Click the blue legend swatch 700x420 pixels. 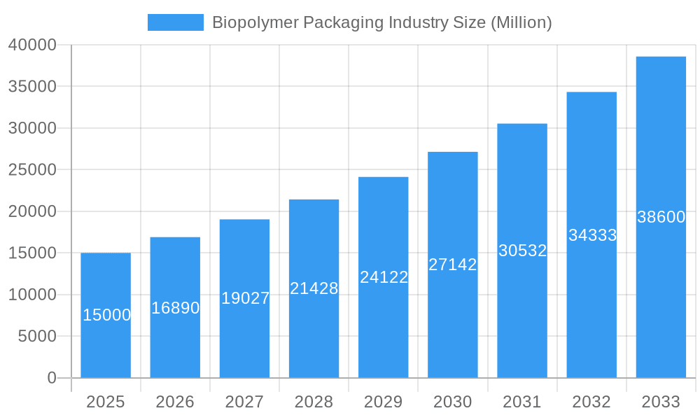(x=175, y=22)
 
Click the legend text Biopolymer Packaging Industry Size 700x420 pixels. (x=381, y=22)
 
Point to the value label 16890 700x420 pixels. (x=175, y=308)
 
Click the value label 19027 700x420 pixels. (x=245, y=298)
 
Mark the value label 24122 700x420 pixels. (x=384, y=277)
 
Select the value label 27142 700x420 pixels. (x=452, y=265)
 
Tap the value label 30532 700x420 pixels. (x=522, y=251)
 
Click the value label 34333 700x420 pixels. (x=592, y=235)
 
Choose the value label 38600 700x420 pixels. (x=661, y=217)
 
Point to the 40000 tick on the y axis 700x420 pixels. (x=31, y=45)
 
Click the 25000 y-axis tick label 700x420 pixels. (x=31, y=169)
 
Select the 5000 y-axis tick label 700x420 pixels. (x=36, y=336)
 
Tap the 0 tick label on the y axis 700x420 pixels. (x=51, y=378)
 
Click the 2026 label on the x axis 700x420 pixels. (x=175, y=402)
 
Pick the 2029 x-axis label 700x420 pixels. (x=384, y=402)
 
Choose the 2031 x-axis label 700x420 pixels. (x=522, y=402)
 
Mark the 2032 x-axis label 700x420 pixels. (x=591, y=402)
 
